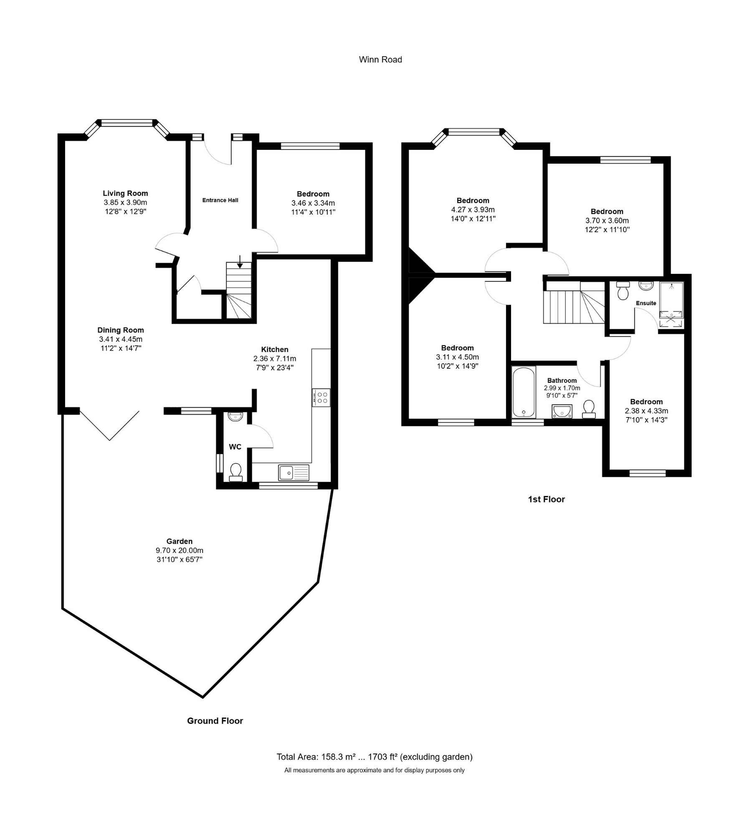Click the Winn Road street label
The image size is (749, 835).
(380, 60)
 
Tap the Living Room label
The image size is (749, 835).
(125, 193)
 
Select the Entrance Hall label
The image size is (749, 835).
(220, 200)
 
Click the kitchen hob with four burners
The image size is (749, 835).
(321, 397)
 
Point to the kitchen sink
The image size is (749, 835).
(294, 473)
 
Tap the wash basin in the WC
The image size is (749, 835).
(235, 416)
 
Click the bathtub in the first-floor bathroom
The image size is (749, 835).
(524, 392)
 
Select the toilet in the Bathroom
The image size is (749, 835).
(589, 409)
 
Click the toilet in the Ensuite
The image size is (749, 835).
(623, 291)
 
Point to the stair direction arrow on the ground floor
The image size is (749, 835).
(240, 261)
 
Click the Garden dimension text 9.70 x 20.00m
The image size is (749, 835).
(180, 551)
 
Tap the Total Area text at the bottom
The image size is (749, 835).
(374, 757)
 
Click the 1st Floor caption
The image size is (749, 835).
(546, 499)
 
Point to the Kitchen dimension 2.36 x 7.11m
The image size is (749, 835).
(275, 359)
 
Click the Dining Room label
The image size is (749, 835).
(121, 330)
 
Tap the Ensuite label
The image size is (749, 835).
(646, 303)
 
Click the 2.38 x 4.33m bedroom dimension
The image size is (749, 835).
(646, 411)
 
